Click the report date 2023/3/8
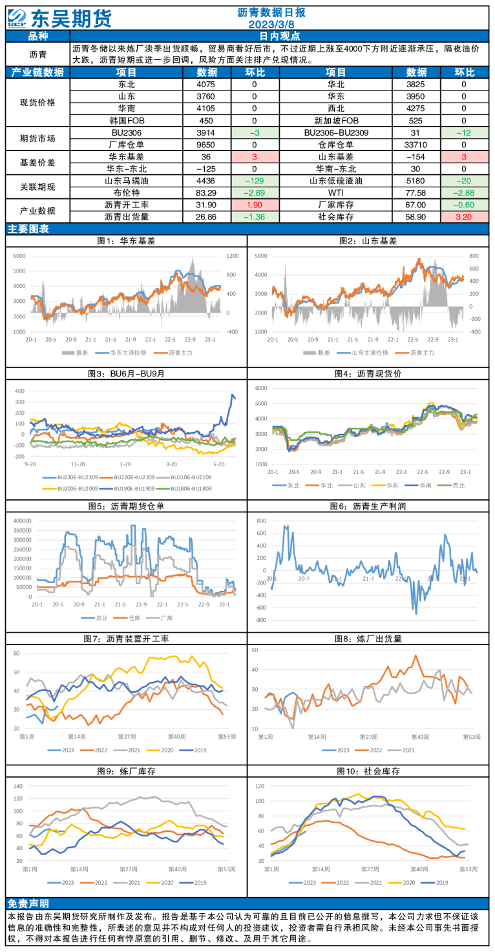tap(271, 25)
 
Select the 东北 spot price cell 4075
tap(205, 85)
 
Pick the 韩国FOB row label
tap(126, 121)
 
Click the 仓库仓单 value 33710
tap(415, 145)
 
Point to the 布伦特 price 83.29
tap(205, 192)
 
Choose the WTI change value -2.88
tap(463, 192)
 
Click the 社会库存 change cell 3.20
tap(463, 217)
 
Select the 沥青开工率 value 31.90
tap(205, 205)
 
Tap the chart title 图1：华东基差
tap(126, 241)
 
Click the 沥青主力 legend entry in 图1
tap(180, 353)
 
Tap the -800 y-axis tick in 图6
tap(260, 620)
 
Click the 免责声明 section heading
tap(28, 903)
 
